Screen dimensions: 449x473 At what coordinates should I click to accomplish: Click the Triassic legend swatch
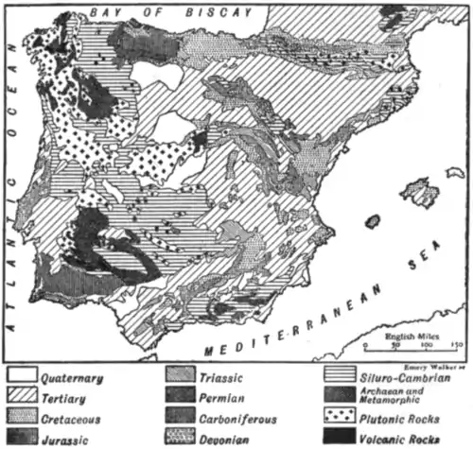pyautogui.click(x=183, y=379)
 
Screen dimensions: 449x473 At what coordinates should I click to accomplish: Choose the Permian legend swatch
pyautogui.click(x=183, y=398)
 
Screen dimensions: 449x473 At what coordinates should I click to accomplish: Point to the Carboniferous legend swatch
pyautogui.click(x=183, y=417)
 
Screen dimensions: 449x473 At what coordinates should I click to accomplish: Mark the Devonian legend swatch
pyautogui.click(x=183, y=436)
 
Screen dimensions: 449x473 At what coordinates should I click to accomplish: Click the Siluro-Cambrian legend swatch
pyautogui.click(x=339, y=379)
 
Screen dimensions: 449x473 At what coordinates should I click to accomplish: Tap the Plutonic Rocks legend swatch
pyautogui.click(x=339, y=417)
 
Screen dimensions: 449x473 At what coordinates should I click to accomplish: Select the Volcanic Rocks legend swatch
pyautogui.click(x=339, y=436)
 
